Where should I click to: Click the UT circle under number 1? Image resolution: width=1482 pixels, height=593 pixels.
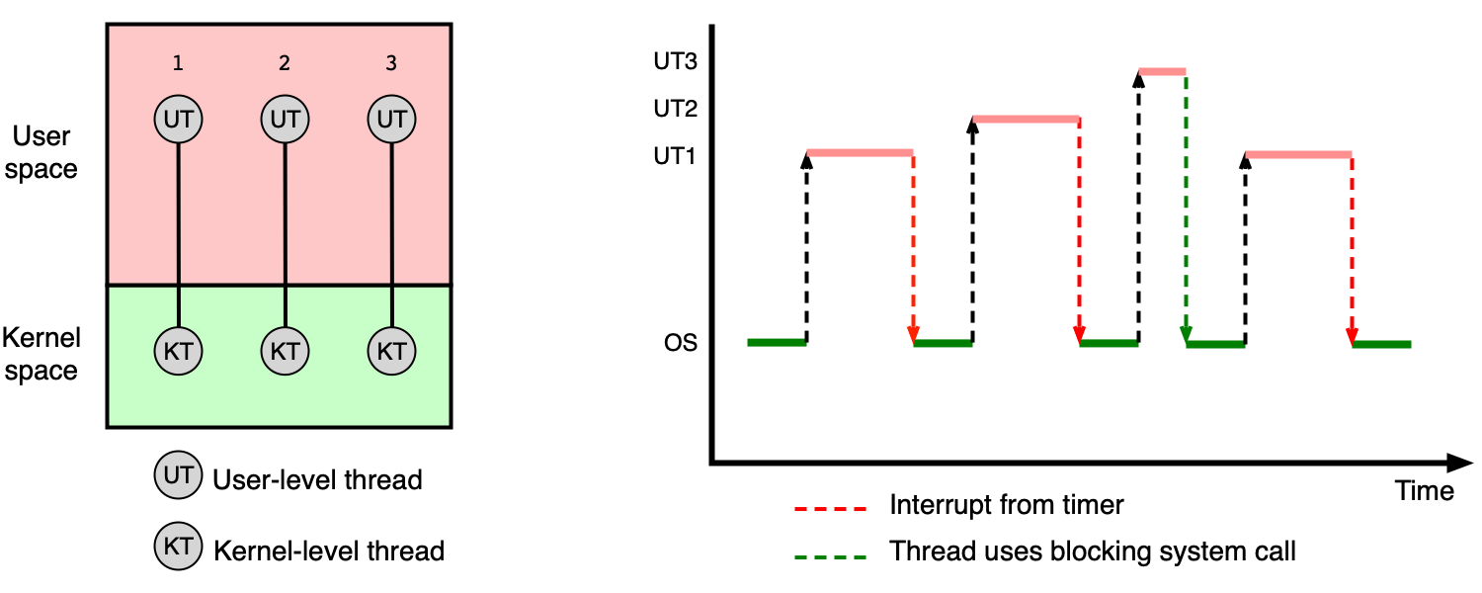click(x=178, y=120)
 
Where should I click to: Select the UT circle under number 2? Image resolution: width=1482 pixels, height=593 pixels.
click(x=286, y=120)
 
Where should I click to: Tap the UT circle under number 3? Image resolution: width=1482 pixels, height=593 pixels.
click(x=391, y=120)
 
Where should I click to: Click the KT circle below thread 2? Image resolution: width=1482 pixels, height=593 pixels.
click(x=286, y=351)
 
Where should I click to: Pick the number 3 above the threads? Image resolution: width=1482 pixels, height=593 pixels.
click(x=391, y=63)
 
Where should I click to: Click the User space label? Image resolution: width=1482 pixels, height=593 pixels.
click(x=41, y=152)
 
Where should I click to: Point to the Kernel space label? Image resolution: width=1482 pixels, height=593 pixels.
click(x=41, y=354)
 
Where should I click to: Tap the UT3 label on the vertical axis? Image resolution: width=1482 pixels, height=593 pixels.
click(x=675, y=61)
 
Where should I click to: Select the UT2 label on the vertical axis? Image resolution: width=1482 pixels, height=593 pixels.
click(x=675, y=108)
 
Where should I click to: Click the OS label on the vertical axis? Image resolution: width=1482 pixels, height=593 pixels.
click(x=680, y=343)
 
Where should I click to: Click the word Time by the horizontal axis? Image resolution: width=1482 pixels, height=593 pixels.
click(x=1425, y=491)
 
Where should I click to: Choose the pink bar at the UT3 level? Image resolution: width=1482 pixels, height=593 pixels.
click(x=1162, y=71)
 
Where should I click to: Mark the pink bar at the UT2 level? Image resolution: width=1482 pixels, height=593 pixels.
click(x=1026, y=120)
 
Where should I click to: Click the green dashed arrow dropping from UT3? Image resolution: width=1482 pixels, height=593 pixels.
click(x=1186, y=209)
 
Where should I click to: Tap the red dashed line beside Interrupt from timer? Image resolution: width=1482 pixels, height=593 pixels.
click(x=830, y=509)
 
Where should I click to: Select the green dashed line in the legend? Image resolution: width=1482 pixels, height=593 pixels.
click(x=830, y=557)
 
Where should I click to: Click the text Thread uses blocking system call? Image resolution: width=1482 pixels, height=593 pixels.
click(x=1093, y=551)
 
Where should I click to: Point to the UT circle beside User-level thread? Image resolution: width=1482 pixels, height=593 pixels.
click(x=178, y=474)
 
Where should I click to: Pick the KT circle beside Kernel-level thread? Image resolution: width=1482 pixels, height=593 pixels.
click(x=178, y=546)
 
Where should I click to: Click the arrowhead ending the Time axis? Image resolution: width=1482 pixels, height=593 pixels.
click(x=1461, y=463)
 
